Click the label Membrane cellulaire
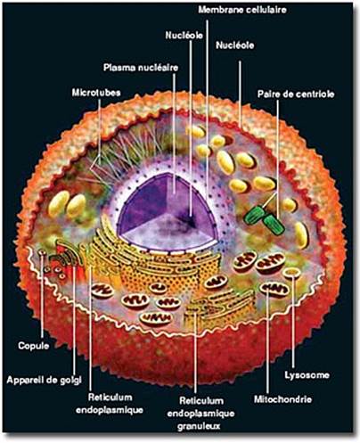pyautogui.click(x=242, y=10)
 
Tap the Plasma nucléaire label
pyautogui.click(x=141, y=68)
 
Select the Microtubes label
pyautogui.click(x=96, y=93)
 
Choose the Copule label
pyautogui.click(x=34, y=346)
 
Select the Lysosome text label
pyautogui.click(x=307, y=375)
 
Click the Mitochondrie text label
pyautogui.click(x=282, y=399)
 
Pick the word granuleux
pyautogui.click(x=199, y=426)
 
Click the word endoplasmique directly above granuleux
pyautogui.click(x=200, y=414)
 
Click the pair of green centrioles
pyautogui.click(x=264, y=218)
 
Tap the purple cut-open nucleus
pyautogui.click(x=168, y=212)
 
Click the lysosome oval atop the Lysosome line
pyautogui.click(x=291, y=273)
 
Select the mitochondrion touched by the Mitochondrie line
pyautogui.click(x=274, y=289)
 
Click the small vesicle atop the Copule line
pyautogui.click(x=42, y=252)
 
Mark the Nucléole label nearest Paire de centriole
pyautogui.click(x=234, y=45)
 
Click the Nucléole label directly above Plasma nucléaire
pyautogui.click(x=184, y=36)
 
